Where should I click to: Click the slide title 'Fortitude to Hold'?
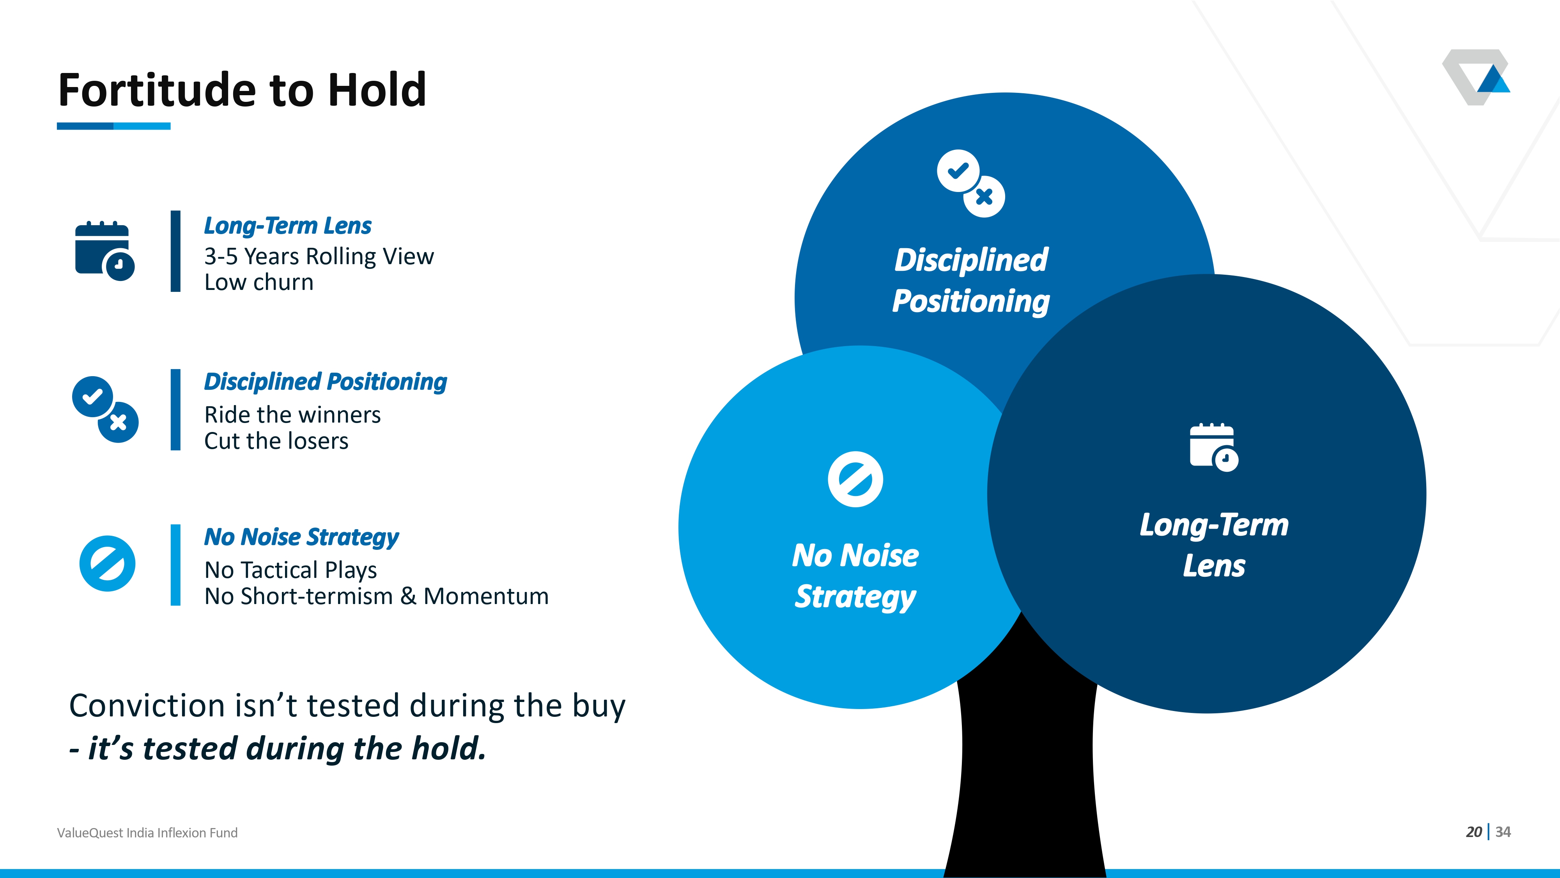point(242,90)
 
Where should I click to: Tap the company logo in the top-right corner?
point(1476,77)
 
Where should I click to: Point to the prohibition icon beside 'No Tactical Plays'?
point(107,563)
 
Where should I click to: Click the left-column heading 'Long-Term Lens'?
point(288,226)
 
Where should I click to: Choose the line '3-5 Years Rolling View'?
point(319,256)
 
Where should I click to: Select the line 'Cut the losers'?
point(276,441)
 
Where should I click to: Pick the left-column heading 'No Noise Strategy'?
point(301,537)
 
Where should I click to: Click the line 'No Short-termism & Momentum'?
point(377,596)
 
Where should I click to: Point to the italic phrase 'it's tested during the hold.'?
point(287,748)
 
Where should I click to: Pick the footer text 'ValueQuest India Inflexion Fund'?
point(147,833)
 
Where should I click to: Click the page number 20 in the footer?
point(1474,832)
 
